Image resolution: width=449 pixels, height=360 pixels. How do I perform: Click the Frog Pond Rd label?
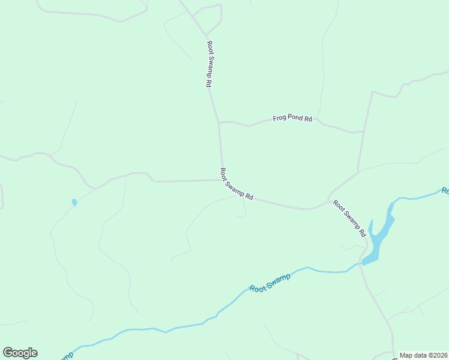click(x=292, y=119)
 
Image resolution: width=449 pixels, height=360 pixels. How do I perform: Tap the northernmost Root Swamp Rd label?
click(x=209, y=64)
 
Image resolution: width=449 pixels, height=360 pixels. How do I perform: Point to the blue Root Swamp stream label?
click(x=270, y=283)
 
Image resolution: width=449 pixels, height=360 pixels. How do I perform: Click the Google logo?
click(x=20, y=353)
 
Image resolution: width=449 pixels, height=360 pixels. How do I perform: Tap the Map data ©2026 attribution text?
click(x=424, y=355)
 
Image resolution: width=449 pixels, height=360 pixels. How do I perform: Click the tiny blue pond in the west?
click(x=74, y=202)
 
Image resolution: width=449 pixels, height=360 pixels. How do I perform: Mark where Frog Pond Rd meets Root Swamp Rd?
click(x=218, y=122)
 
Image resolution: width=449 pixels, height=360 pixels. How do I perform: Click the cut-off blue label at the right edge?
click(x=445, y=191)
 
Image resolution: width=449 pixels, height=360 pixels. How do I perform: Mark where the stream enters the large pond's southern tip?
click(x=362, y=263)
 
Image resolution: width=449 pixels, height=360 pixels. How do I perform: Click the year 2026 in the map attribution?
click(x=439, y=355)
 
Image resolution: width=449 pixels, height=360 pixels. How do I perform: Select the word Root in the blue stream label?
click(x=258, y=288)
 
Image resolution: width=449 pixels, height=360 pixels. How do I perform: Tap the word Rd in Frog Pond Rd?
click(x=308, y=119)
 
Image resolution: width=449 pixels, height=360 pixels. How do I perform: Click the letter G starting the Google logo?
click(x=7, y=353)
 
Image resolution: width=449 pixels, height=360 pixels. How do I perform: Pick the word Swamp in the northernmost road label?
click(x=209, y=65)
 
